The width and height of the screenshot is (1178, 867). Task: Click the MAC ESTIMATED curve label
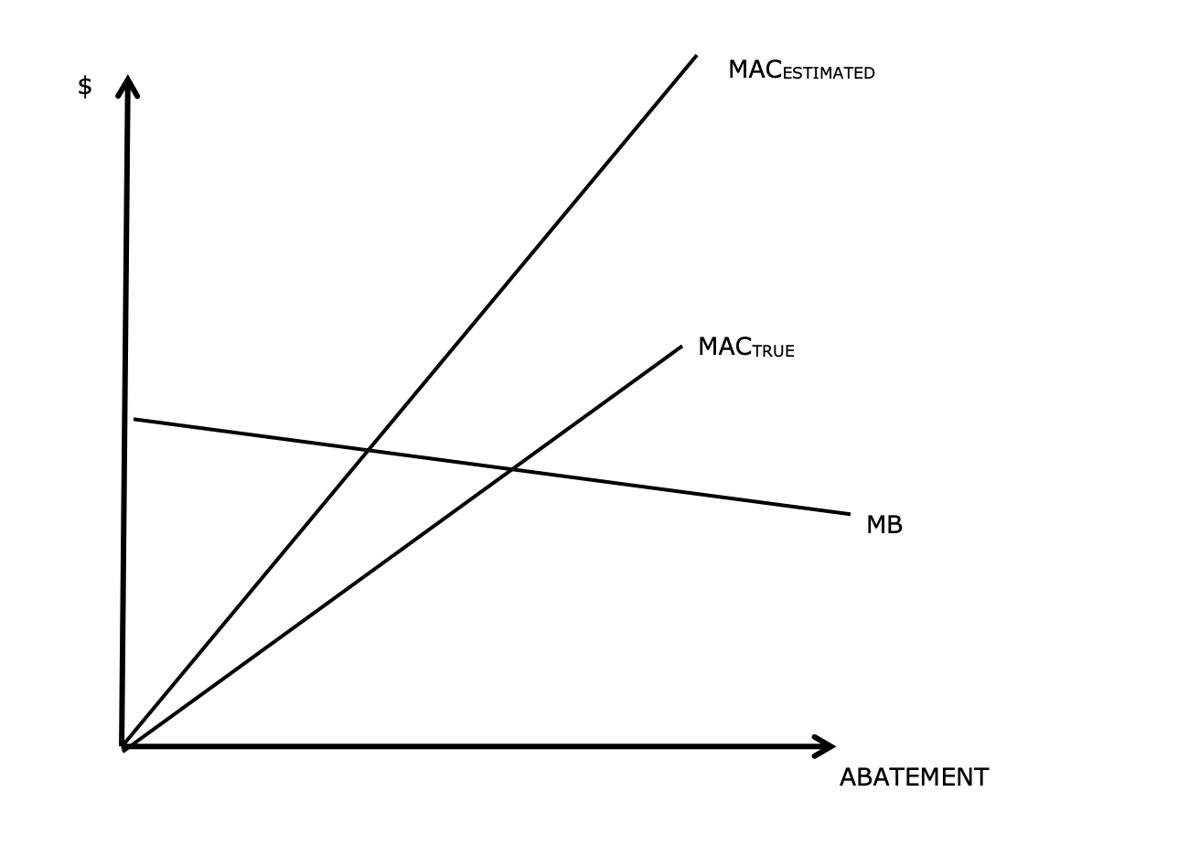[x=800, y=70]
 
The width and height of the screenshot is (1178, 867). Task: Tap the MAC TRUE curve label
[x=745, y=348]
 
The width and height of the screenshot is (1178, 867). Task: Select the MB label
[x=883, y=525]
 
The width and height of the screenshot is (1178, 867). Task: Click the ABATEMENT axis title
[x=914, y=777]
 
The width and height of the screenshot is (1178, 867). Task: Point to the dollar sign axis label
[x=85, y=87]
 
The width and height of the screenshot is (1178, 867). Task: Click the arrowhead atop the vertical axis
[x=128, y=84]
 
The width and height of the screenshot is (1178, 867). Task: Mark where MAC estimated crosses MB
[x=368, y=449]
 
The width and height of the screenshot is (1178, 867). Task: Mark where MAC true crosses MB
[x=511, y=469]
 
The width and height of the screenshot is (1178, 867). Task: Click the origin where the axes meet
[x=123, y=746]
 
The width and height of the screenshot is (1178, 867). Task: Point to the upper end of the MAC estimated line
[x=695, y=57]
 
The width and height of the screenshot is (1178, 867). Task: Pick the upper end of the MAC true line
[x=680, y=347]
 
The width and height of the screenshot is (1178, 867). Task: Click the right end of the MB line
[x=849, y=514]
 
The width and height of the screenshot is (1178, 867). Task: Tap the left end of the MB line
[x=135, y=419]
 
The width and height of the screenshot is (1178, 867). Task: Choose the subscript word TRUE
[x=774, y=351]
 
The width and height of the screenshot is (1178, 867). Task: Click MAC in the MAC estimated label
[x=755, y=70]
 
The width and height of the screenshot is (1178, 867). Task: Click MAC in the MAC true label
[x=724, y=348]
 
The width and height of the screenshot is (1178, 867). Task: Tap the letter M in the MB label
[x=875, y=525]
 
